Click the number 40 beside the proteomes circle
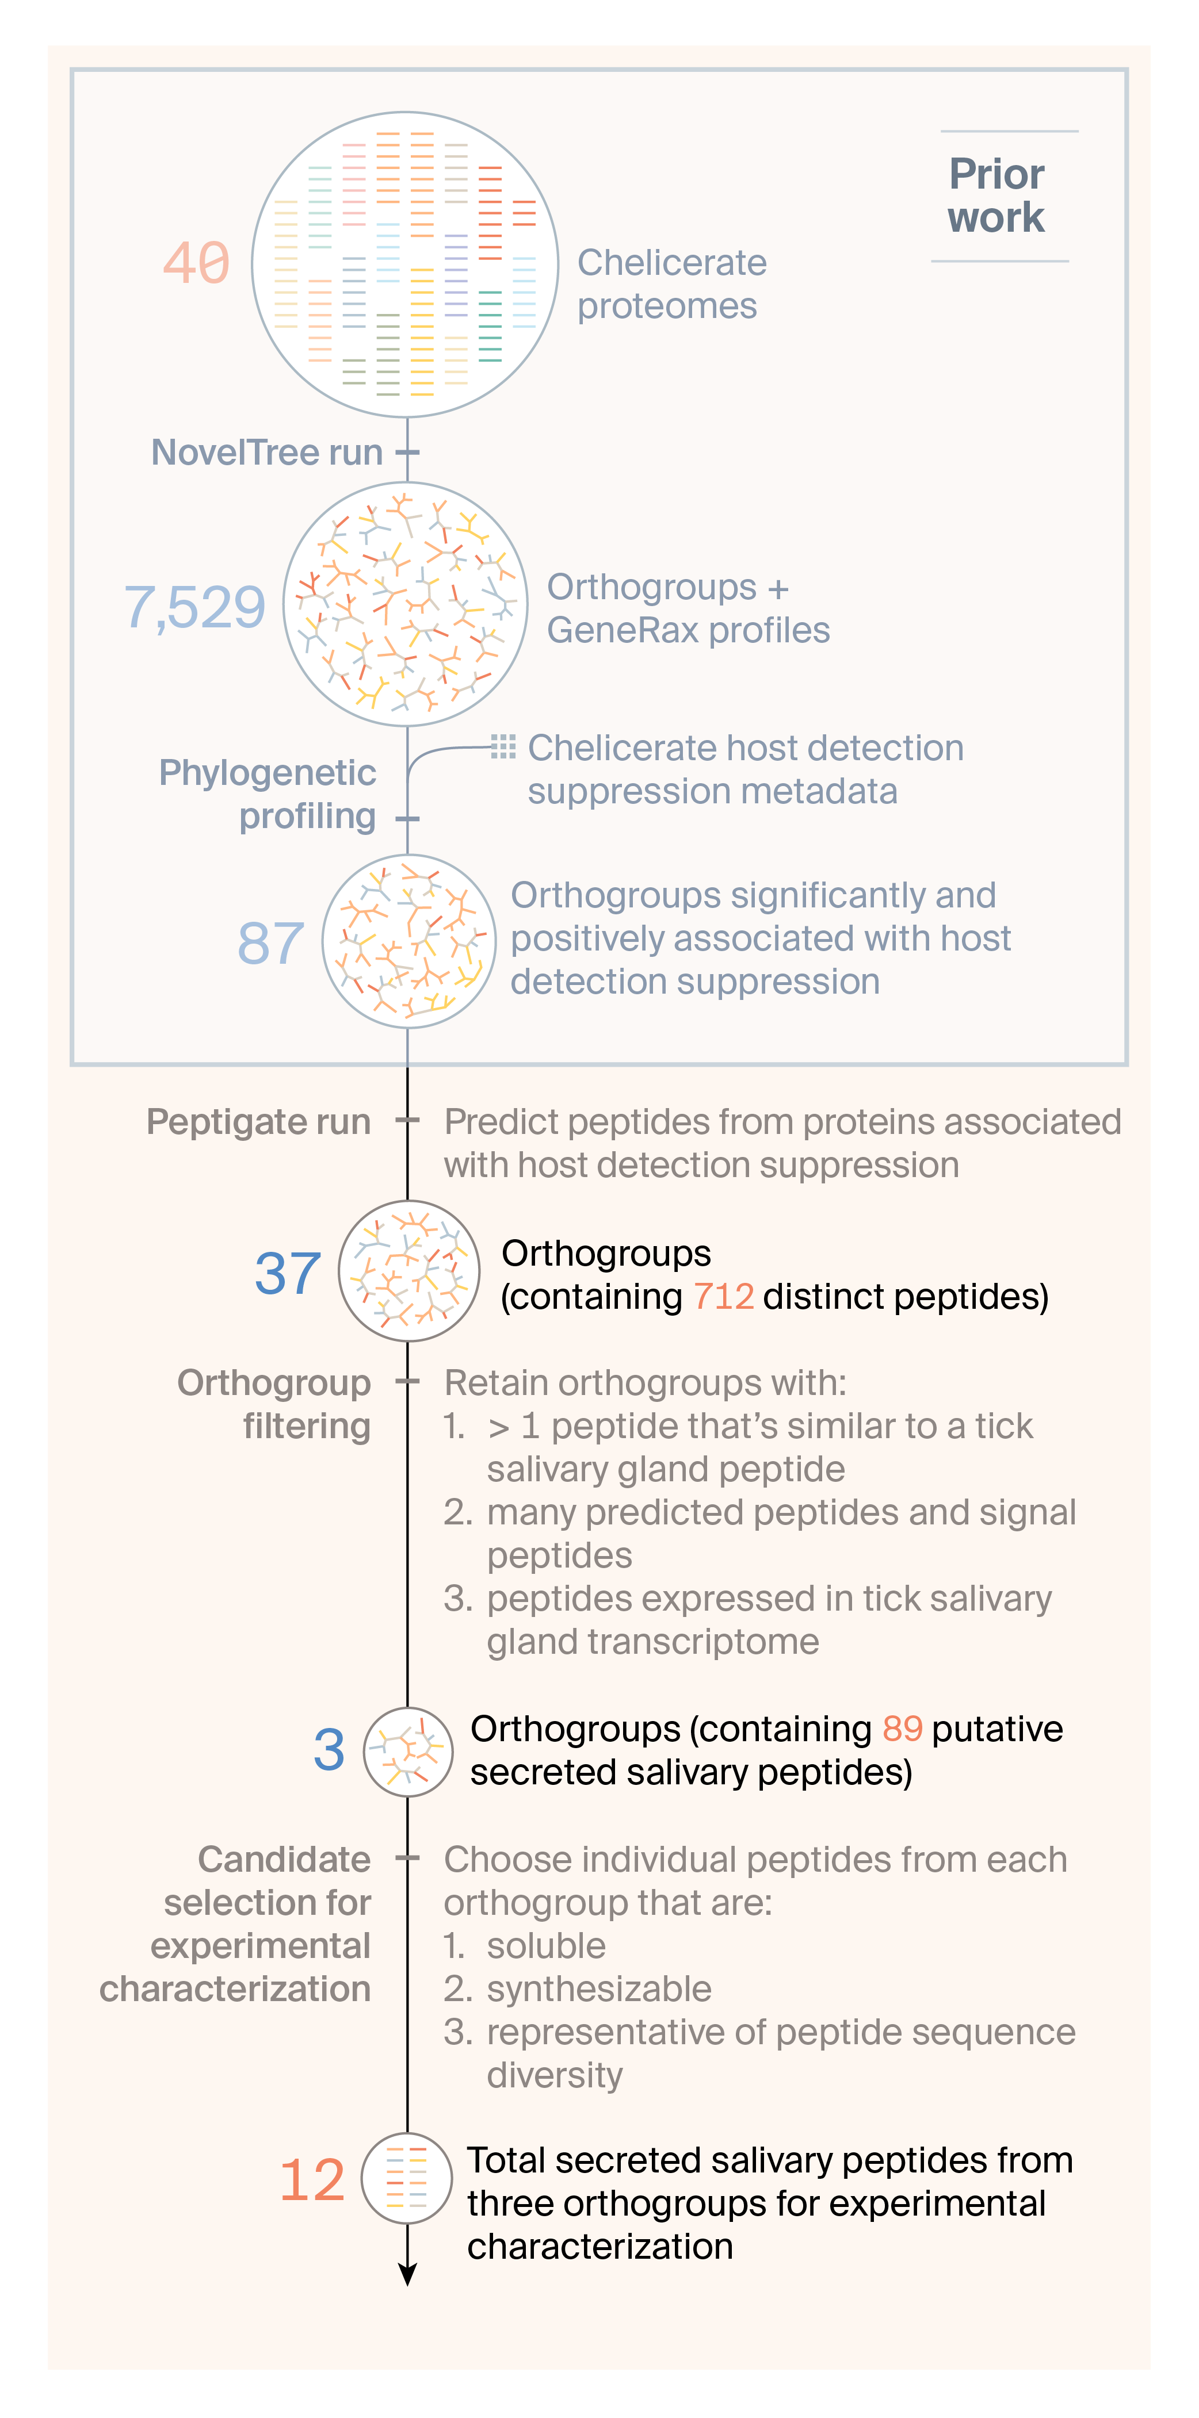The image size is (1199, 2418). tap(196, 263)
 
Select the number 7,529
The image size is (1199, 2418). tap(195, 607)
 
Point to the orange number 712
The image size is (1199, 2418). tap(723, 1296)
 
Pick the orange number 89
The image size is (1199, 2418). tap(902, 1728)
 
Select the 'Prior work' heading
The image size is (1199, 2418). tap(996, 196)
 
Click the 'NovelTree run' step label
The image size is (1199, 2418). tap(266, 453)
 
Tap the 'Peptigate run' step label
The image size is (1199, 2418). tap(258, 1122)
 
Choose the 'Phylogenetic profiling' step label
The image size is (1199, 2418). tap(268, 794)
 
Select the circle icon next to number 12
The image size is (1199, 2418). tap(407, 2178)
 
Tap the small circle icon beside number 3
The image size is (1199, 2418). tap(407, 1752)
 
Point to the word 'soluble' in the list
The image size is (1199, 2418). tap(545, 1946)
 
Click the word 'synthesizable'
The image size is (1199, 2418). tap(599, 1989)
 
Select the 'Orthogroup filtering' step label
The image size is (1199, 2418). tap(274, 1404)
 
